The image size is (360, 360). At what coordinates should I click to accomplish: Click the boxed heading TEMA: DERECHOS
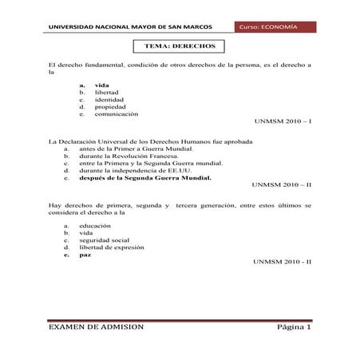[x=180, y=47]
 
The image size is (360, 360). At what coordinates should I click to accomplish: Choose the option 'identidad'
[x=110, y=99]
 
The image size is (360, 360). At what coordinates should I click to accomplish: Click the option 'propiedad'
[x=110, y=107]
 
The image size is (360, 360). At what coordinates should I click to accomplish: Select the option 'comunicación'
[x=116, y=114]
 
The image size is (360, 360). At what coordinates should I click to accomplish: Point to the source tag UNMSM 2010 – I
[x=282, y=123]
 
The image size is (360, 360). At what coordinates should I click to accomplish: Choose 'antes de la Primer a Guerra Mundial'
[x=136, y=148]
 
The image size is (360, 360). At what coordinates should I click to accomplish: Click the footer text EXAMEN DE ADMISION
[x=97, y=327]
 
